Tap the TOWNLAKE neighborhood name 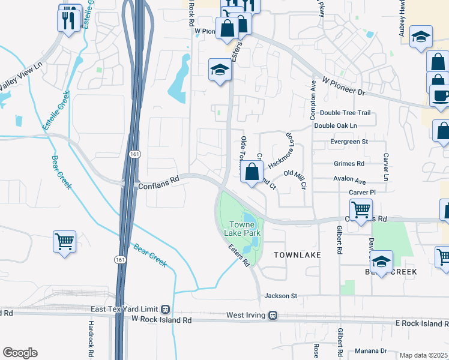tap(297, 255)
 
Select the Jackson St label tap(281, 296)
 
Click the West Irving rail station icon tap(273, 315)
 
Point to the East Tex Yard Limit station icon tap(164, 310)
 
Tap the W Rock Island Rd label tap(161, 320)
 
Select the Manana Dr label tap(370, 351)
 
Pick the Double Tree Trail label tap(345, 113)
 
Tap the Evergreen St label tap(349, 142)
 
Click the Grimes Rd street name tap(349, 163)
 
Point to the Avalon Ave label tap(349, 179)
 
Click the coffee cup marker tap(441, 97)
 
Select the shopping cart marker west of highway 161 tap(64, 242)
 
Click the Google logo tap(20, 352)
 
